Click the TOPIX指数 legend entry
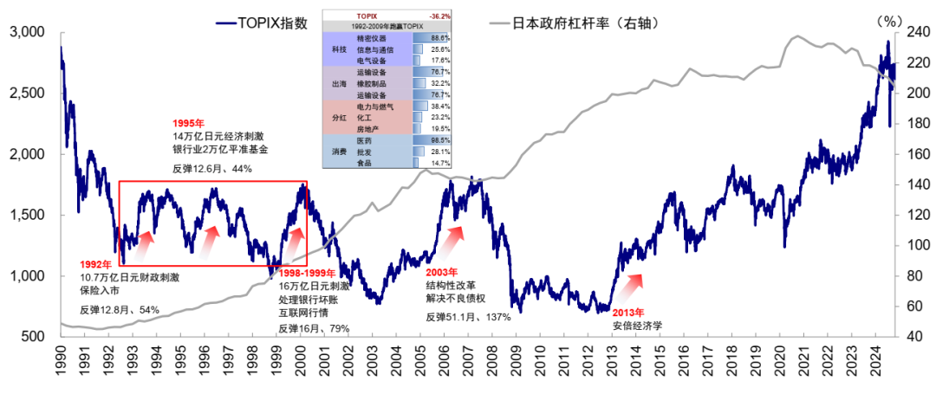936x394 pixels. click(x=261, y=23)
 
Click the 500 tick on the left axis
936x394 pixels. click(x=34, y=336)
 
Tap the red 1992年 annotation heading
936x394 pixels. click(x=96, y=264)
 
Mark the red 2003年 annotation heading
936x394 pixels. click(x=442, y=271)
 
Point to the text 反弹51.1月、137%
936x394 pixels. click(x=468, y=317)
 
